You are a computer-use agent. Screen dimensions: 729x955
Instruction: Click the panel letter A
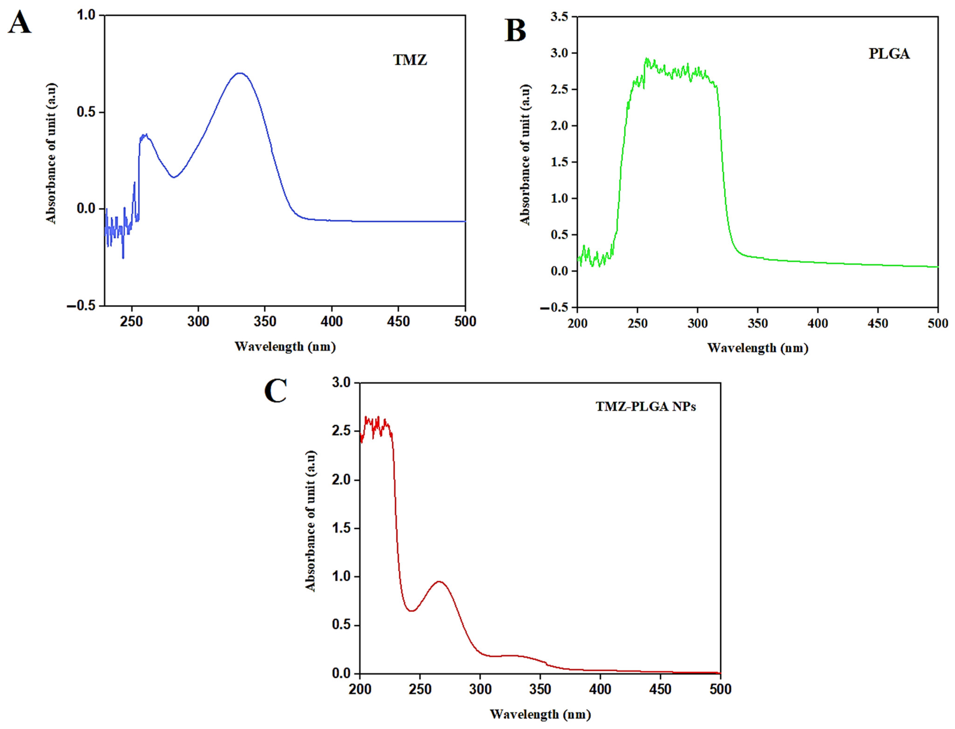click(x=20, y=23)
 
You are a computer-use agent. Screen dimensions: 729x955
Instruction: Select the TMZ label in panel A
click(x=410, y=60)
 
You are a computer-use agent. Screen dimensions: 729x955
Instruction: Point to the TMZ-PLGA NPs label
click(x=645, y=407)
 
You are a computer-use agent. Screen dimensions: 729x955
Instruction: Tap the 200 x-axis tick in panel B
click(x=578, y=323)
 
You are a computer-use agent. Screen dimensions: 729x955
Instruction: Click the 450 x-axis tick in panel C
click(x=660, y=689)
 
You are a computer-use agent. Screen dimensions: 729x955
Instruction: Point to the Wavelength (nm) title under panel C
click(x=540, y=714)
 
